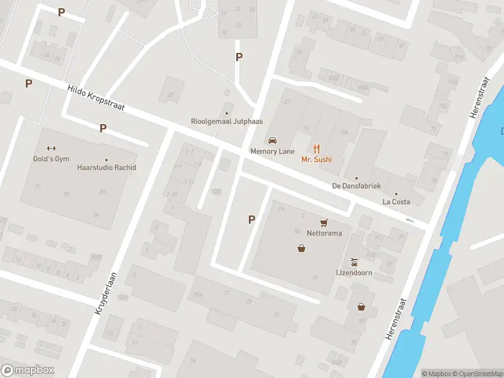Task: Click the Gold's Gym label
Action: [51, 159]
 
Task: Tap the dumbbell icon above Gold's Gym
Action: [51, 149]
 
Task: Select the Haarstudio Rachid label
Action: [106, 168]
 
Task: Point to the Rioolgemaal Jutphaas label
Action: [227, 122]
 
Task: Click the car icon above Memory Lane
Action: [272, 140]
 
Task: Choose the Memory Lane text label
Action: [272, 151]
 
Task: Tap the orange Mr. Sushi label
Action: [316, 159]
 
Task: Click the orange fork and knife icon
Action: [316, 149]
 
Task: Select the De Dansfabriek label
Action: [356, 186]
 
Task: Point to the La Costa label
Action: [396, 202]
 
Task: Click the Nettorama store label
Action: [324, 232]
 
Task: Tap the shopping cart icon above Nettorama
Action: [324, 222]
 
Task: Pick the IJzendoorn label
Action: [354, 273]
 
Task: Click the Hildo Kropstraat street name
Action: [96, 100]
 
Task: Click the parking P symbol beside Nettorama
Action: [251, 220]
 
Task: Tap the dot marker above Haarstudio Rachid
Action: [106, 159]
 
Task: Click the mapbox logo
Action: [28, 370]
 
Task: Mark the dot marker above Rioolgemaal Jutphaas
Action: [227, 113]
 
